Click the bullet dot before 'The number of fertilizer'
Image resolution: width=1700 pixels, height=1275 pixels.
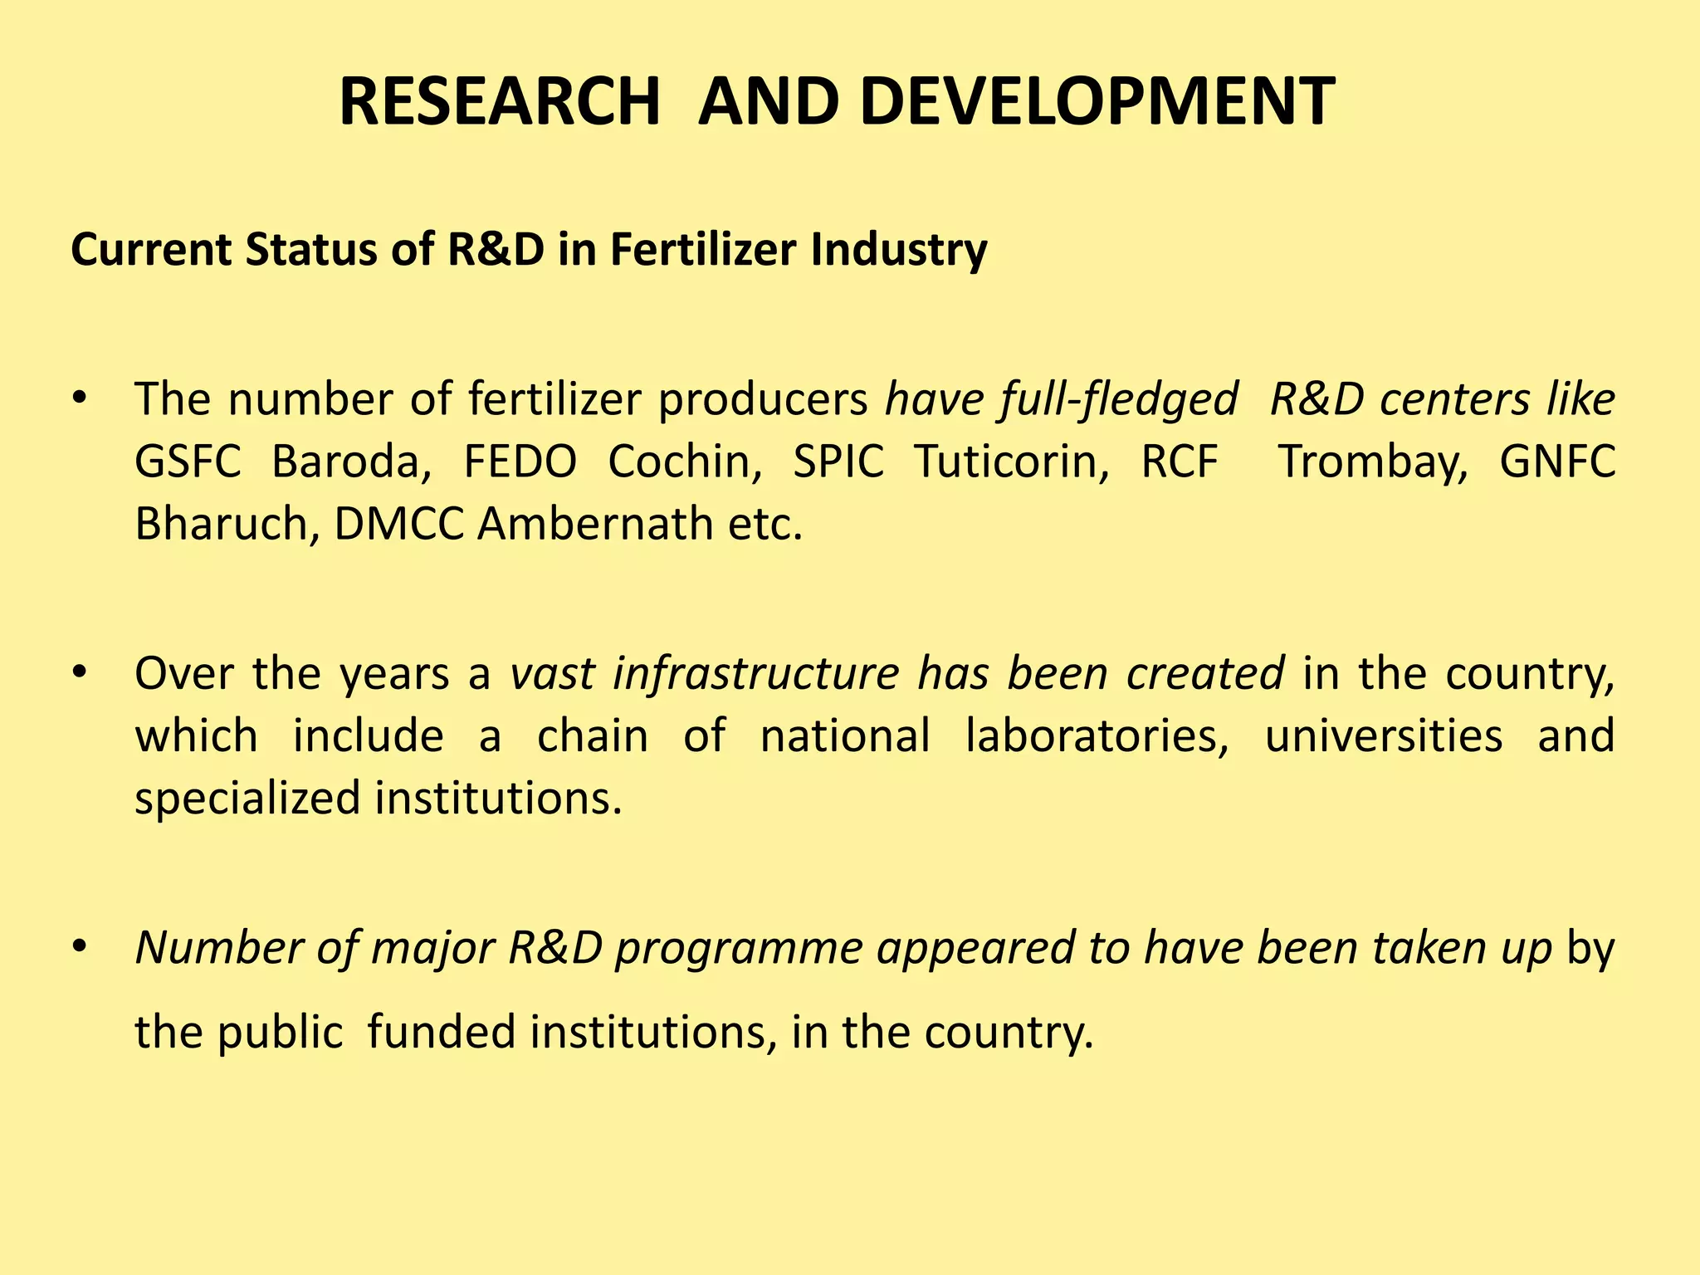point(79,398)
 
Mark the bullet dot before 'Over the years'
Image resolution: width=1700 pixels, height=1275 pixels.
point(79,672)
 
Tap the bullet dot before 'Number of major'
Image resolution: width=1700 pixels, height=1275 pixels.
point(79,946)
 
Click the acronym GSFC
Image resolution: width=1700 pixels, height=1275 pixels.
point(188,462)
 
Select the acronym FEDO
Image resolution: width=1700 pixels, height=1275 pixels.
point(520,462)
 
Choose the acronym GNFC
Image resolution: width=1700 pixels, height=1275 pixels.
point(1557,462)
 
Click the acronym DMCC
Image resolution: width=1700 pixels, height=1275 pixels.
point(398,524)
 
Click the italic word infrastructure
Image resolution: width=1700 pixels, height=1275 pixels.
point(755,672)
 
